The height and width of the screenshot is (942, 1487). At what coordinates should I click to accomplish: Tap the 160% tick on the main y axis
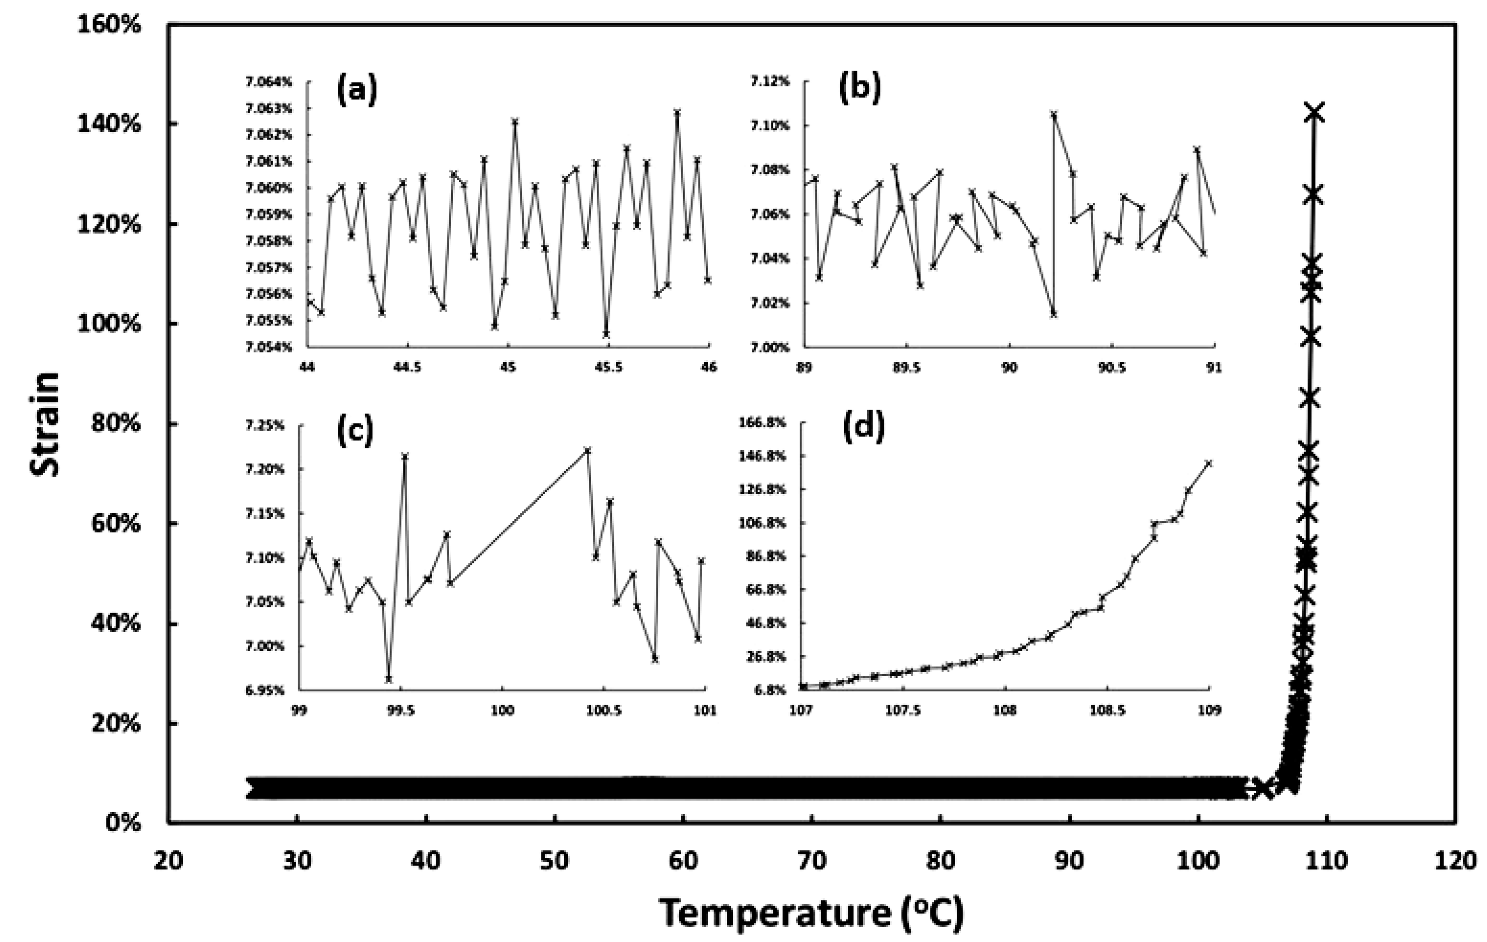click(x=109, y=25)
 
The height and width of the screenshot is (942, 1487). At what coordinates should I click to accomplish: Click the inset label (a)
click(x=356, y=90)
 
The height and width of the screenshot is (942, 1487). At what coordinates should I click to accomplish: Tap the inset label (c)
click(x=355, y=431)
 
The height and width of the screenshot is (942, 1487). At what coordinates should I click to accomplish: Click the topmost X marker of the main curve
click(x=1314, y=112)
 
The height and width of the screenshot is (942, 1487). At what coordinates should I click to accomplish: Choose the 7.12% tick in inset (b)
click(x=770, y=82)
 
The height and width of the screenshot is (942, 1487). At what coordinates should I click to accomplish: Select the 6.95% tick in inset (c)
click(x=265, y=690)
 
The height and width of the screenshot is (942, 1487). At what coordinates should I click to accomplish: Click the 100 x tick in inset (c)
click(x=502, y=711)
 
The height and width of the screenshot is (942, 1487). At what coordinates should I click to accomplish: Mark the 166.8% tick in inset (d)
click(x=763, y=423)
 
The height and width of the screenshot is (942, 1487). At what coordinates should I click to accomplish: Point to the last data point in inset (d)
click(x=1209, y=463)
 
